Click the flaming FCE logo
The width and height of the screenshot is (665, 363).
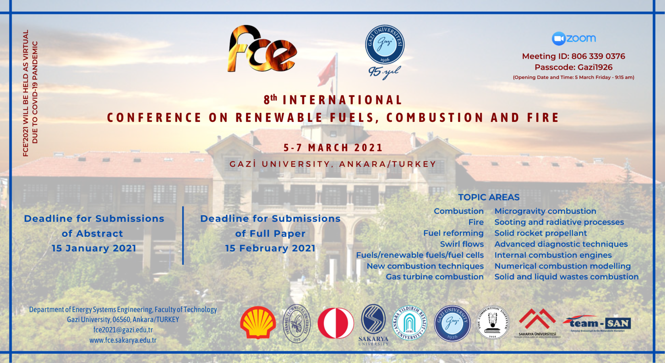pyautogui.click(x=262, y=49)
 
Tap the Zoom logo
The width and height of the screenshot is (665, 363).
pyautogui.click(x=574, y=38)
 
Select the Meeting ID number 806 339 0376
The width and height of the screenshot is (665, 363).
pyautogui.click(x=598, y=56)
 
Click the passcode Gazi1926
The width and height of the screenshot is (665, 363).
pyautogui.click(x=595, y=67)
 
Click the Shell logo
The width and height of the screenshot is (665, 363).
pyautogui.click(x=258, y=323)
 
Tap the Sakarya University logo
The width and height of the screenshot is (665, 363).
pyautogui.click(x=373, y=324)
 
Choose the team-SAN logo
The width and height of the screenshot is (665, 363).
pyautogui.click(x=597, y=323)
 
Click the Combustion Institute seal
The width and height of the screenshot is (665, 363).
pyautogui.click(x=493, y=323)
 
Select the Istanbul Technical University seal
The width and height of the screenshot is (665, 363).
pyautogui.click(x=297, y=323)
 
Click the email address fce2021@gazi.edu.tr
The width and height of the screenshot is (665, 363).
pyautogui.click(x=123, y=330)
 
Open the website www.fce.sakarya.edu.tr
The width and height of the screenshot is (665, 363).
pyautogui.click(x=123, y=340)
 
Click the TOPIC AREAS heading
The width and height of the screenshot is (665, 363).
pyautogui.click(x=489, y=197)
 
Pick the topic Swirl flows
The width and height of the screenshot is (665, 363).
pyautogui.click(x=462, y=244)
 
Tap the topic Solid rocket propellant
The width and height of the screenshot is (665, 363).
pyautogui.click(x=541, y=233)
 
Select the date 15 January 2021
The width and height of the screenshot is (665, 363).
pyautogui.click(x=94, y=248)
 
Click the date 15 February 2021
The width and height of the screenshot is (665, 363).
pyautogui.click(x=270, y=248)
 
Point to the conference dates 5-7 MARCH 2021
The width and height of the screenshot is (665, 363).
pyautogui.click(x=333, y=148)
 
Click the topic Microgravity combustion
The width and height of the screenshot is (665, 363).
pyautogui.click(x=545, y=211)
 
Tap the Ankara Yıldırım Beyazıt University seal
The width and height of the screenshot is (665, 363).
pyautogui.click(x=410, y=323)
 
